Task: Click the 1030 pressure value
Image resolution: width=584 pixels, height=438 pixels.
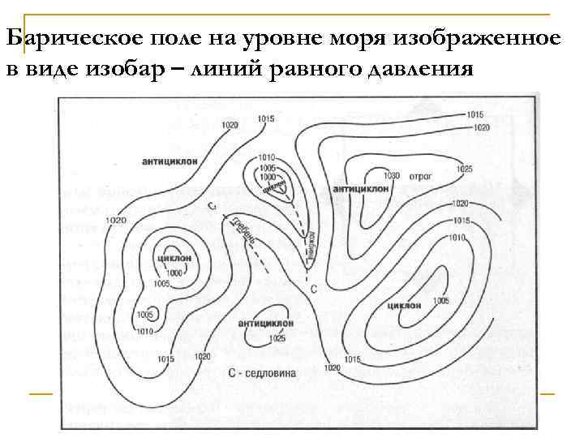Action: [x=393, y=175]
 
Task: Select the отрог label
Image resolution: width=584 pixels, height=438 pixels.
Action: [x=419, y=175]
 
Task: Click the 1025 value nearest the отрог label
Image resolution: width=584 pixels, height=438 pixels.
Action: [x=464, y=169]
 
